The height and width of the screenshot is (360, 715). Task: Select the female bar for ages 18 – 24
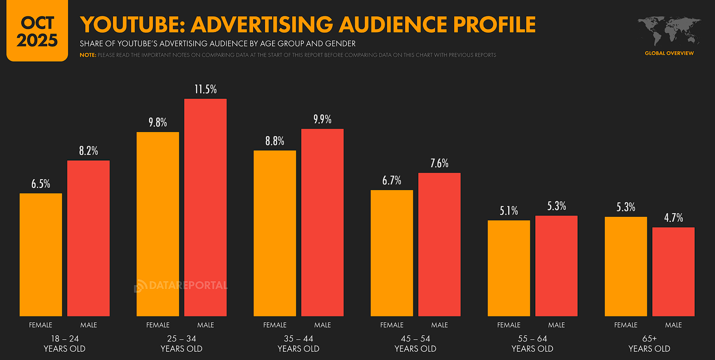41,254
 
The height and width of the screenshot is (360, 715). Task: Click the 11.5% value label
206,89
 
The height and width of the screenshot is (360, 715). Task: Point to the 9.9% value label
322,119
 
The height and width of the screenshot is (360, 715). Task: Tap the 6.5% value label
41,184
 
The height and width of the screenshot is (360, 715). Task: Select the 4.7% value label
673,218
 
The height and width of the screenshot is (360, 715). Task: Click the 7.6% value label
439,163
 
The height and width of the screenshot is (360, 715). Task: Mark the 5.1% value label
509,211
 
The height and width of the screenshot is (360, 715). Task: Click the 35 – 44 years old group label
299,344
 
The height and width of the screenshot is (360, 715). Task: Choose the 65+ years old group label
649,344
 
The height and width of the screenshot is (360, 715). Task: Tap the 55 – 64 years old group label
532,344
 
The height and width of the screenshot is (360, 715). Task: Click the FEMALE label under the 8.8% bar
275,325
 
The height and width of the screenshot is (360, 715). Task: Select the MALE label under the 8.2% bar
88,325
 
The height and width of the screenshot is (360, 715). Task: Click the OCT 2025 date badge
37,31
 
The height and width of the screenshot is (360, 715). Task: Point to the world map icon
669,31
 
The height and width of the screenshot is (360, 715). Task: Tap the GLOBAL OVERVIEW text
669,53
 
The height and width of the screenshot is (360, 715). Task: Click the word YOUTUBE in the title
132,24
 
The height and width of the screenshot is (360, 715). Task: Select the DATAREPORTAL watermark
181,286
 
